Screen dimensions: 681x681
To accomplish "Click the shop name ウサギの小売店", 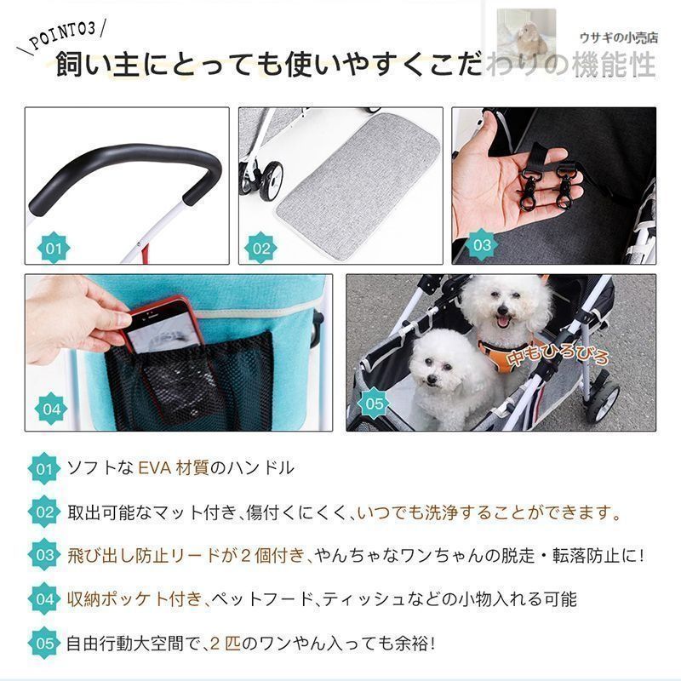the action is pyautogui.click(x=619, y=38).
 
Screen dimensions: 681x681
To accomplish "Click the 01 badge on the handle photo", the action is pyautogui.click(x=54, y=249).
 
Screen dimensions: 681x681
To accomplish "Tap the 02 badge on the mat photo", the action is pyautogui.click(x=261, y=249).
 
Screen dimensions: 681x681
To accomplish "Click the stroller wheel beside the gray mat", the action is pyautogui.click(x=268, y=180).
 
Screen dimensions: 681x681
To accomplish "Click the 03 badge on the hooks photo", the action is pyautogui.click(x=482, y=245).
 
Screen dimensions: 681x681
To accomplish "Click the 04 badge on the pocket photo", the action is pyautogui.click(x=52, y=409).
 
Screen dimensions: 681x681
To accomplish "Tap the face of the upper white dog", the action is pyautogui.click(x=504, y=305).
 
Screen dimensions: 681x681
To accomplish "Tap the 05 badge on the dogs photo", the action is pyautogui.click(x=374, y=403).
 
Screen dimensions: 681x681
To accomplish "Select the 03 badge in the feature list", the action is pyautogui.click(x=44, y=555).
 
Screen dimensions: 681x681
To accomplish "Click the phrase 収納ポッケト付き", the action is pyautogui.click(x=134, y=599).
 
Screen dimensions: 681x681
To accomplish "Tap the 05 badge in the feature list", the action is pyautogui.click(x=44, y=643).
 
